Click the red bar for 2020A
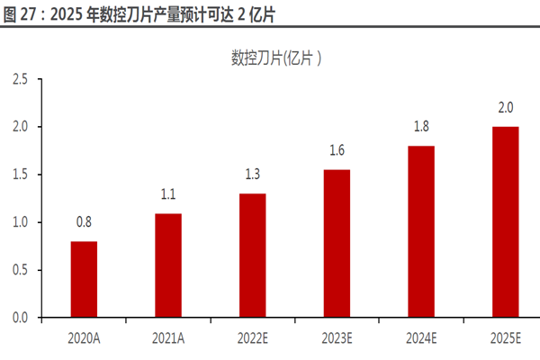pyautogui.click(x=84, y=279)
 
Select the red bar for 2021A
pyautogui.click(x=167, y=265)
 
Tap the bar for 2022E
pyautogui.click(x=252, y=256)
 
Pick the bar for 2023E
pyautogui.click(x=337, y=243)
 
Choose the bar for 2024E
pyautogui.click(x=421, y=231)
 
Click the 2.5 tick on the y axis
pyautogui.click(x=20, y=79)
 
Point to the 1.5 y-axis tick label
pyautogui.click(x=20, y=175)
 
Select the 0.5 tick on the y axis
pyautogui.click(x=20, y=270)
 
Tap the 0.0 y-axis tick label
pyautogui.click(x=20, y=318)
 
